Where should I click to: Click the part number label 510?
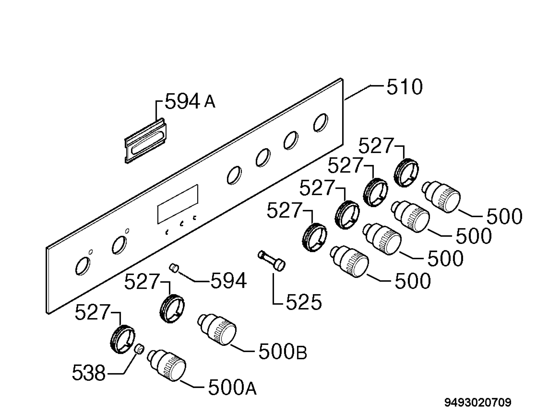(x=405, y=87)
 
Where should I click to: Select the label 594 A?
(x=190, y=101)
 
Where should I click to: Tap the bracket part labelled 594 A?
(x=146, y=141)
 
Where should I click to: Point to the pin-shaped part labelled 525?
(x=272, y=261)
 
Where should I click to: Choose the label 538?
(x=89, y=373)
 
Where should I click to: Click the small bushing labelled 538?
(x=140, y=349)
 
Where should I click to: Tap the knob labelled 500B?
(x=217, y=330)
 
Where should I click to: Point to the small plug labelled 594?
(x=174, y=267)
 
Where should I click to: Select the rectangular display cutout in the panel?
(x=177, y=204)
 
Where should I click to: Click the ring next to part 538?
(x=122, y=339)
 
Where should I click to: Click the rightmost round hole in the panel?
(x=321, y=122)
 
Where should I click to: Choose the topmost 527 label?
(x=376, y=146)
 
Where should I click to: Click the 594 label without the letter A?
(x=229, y=280)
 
